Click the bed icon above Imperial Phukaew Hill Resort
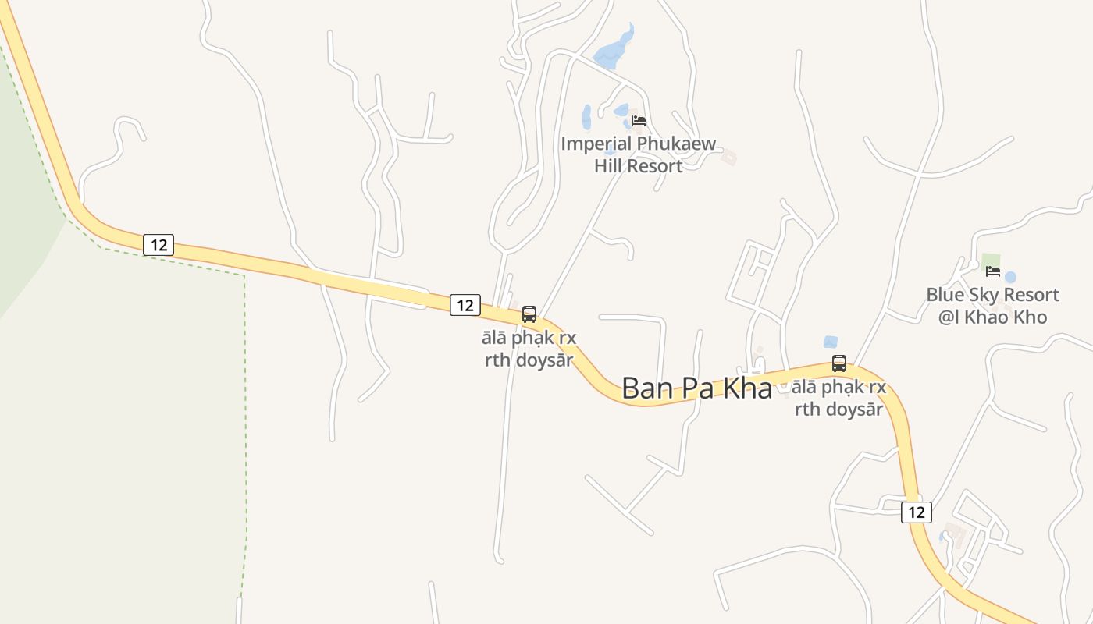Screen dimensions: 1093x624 point(639,120)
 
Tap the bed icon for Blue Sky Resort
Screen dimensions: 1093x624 point(993,271)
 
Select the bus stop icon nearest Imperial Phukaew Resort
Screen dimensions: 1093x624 point(529,314)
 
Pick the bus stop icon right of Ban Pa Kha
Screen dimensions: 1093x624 point(839,363)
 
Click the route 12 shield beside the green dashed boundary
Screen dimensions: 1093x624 point(158,245)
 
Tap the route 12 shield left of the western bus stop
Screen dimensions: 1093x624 point(465,305)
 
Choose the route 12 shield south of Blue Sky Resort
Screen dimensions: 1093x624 point(917,512)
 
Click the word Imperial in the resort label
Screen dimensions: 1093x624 point(596,144)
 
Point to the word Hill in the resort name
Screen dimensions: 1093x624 point(611,165)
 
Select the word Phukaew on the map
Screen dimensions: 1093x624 point(677,144)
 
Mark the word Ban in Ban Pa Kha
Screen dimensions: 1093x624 point(645,388)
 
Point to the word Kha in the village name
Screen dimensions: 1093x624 point(747,388)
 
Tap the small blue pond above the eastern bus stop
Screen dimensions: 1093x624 point(831,342)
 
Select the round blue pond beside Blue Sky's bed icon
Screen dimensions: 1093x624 point(1010,277)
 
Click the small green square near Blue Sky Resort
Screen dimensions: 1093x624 point(990,260)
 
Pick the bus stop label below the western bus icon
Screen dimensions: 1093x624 point(529,349)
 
